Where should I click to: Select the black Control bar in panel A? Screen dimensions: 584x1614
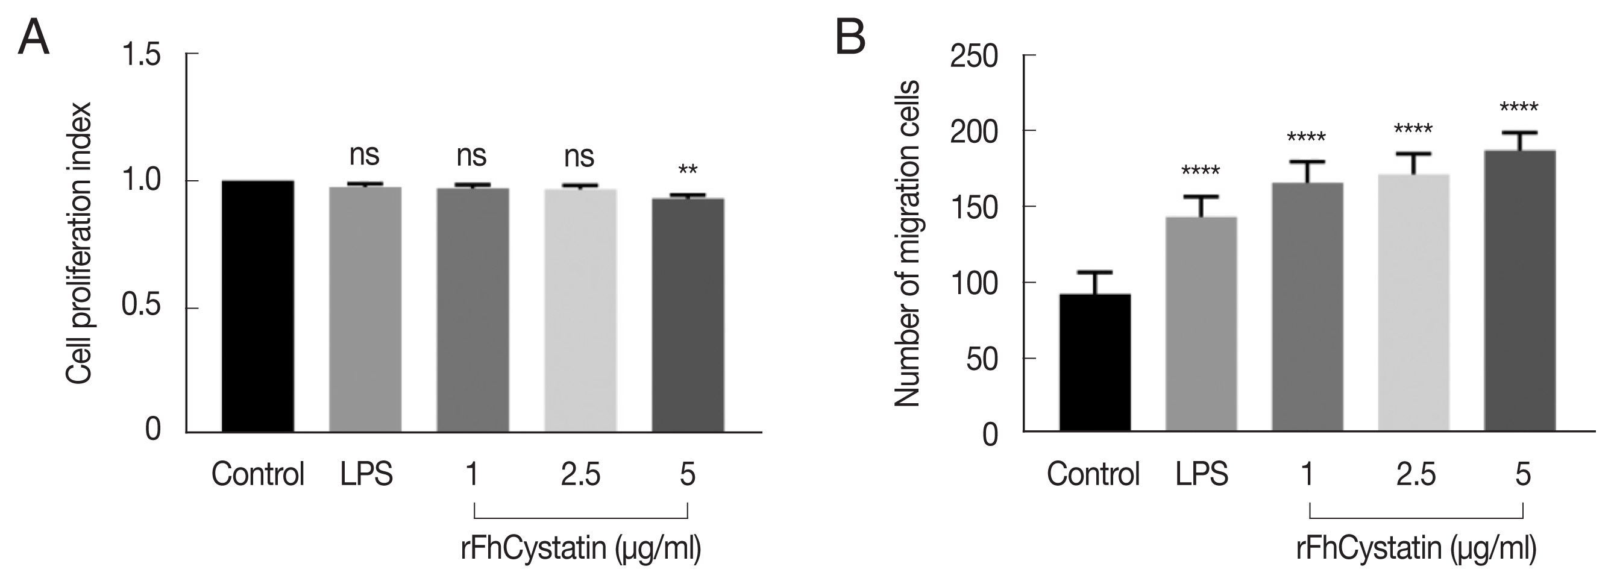[257, 306]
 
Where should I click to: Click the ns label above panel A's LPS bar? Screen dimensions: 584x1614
[364, 155]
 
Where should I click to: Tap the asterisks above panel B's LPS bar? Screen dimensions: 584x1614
[1201, 171]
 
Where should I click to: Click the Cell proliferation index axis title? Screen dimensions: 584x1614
[80, 243]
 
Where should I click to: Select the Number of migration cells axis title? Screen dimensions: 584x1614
[906, 243]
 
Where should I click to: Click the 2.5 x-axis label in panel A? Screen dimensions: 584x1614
[580, 474]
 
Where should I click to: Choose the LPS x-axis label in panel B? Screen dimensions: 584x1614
[1201, 474]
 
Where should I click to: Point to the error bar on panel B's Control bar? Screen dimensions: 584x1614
[1095, 282]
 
